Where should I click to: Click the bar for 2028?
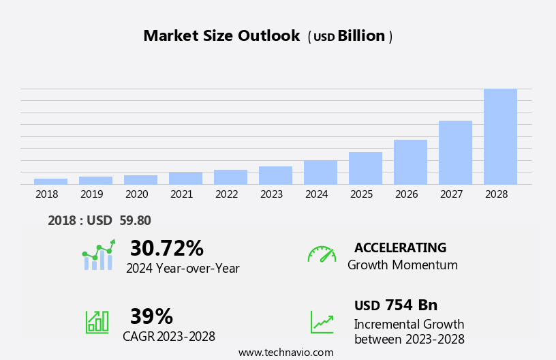500,136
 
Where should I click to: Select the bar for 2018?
50,181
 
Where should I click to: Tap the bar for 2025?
365,168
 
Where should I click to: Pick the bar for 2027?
455,152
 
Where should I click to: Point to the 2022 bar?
230,177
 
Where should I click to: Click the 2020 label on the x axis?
136,194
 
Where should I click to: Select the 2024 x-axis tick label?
316,194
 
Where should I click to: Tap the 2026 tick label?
406,194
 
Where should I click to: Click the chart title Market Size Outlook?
221,36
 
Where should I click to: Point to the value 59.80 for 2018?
134,220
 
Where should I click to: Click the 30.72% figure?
166,248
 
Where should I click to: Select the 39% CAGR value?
151,316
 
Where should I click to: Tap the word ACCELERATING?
400,247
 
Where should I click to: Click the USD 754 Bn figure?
396,305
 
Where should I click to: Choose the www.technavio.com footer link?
285,352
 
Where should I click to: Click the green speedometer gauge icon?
322,254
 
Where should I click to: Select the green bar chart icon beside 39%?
97,321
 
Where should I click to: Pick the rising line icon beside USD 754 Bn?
322,322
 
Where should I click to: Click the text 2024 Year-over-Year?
183,269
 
